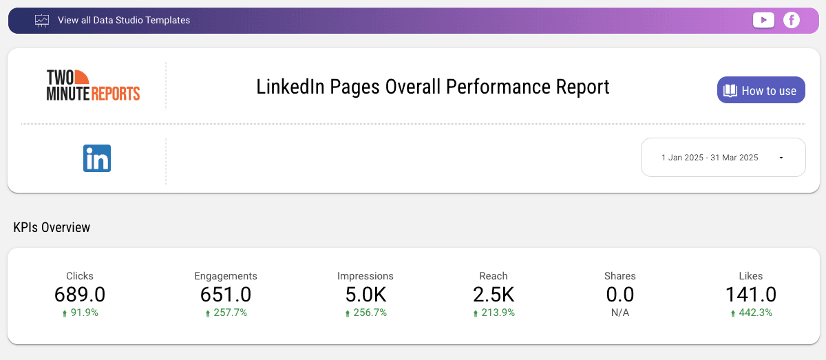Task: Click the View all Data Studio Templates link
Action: coord(124,21)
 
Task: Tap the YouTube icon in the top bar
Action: coord(763,21)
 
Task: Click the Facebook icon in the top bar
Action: coord(792,21)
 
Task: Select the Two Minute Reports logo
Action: coord(93,85)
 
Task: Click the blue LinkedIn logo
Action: coord(97,158)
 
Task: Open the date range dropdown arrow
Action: coord(781,158)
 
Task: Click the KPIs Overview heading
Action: coord(52,227)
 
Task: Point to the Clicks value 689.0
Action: coord(80,295)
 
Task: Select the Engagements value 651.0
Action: coord(226,295)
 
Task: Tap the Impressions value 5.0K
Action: coord(366,295)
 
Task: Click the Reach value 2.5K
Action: coord(494,295)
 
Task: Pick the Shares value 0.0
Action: coord(620,295)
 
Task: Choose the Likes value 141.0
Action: coord(750,295)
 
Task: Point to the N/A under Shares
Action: coord(620,313)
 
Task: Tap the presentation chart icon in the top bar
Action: coord(42,21)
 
